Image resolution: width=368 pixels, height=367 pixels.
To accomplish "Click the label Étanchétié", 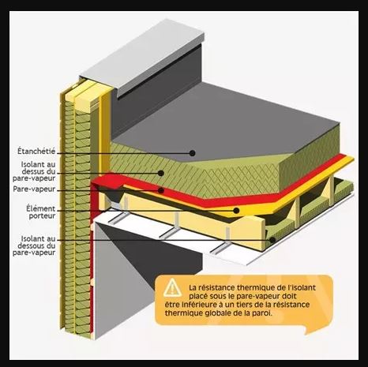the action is click(x=36, y=151).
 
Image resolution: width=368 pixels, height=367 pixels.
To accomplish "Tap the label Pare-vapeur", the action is click(x=34, y=189).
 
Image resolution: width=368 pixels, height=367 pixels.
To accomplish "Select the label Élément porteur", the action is click(x=41, y=212).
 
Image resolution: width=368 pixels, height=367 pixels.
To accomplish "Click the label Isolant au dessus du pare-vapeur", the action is click(x=34, y=171).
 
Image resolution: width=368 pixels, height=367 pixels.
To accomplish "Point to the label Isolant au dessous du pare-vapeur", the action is click(x=34, y=245).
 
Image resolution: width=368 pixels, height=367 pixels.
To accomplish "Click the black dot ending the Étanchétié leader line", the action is click(x=193, y=153).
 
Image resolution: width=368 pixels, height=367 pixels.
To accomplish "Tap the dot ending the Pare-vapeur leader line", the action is click(x=161, y=190).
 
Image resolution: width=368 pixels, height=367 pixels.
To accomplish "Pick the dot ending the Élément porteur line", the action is click(x=236, y=210).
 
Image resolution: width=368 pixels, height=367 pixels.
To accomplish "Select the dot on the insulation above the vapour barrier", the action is click(x=161, y=173).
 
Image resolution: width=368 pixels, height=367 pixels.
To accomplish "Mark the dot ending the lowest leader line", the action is click(x=272, y=240).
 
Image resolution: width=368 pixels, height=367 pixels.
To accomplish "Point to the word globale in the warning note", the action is click(x=220, y=313).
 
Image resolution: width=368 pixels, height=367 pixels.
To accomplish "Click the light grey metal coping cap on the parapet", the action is click(x=142, y=58).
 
